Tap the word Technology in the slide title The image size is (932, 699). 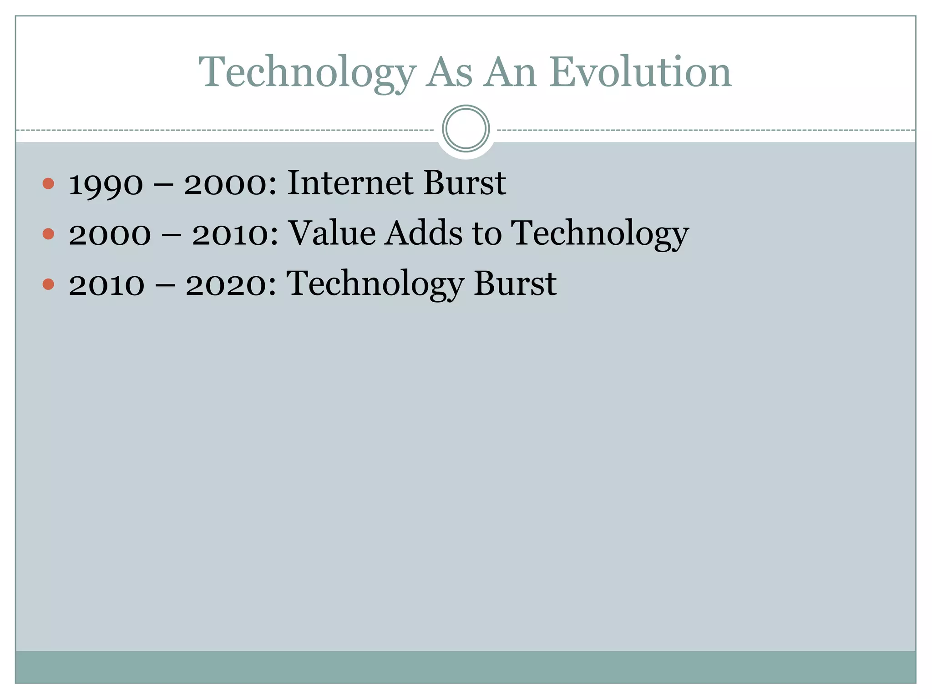[x=307, y=73]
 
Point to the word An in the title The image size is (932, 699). [x=510, y=73]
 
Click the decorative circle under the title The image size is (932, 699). [x=466, y=129]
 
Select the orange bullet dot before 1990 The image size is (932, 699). [x=48, y=184]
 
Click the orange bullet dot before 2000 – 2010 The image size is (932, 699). [x=48, y=234]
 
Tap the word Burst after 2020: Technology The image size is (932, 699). [x=515, y=284]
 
